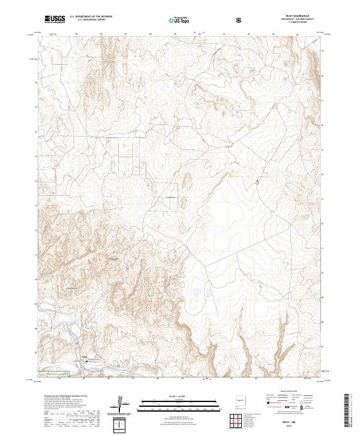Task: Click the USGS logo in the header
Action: (x=56, y=19)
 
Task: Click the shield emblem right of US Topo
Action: (x=240, y=20)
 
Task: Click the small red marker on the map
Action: (x=258, y=181)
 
